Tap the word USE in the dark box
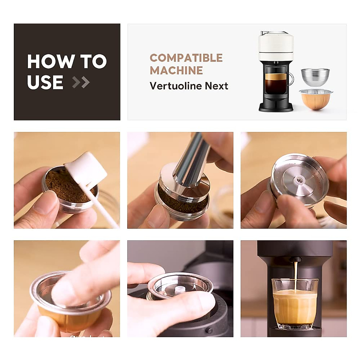tap(45, 82)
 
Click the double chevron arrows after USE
tap(81, 82)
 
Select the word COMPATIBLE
tap(186, 58)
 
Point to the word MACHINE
tap(176, 70)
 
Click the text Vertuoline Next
tap(189, 86)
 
